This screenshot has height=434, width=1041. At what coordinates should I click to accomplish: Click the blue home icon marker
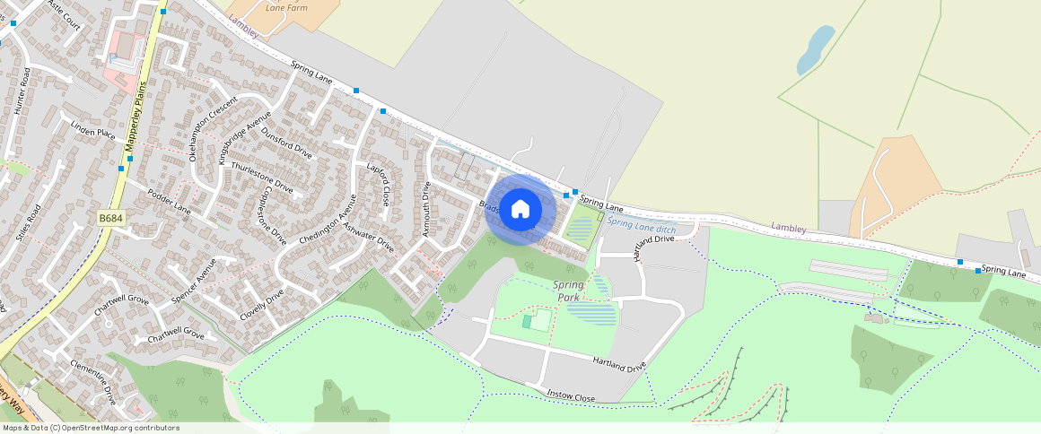(520, 209)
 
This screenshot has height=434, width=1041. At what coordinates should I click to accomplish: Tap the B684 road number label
(110, 218)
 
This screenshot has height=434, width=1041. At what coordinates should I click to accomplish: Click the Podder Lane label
(170, 202)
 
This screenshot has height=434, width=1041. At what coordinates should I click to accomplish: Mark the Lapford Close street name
(379, 184)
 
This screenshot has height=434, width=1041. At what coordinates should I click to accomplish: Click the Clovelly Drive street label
(262, 305)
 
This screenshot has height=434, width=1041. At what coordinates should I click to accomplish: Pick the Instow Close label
(572, 395)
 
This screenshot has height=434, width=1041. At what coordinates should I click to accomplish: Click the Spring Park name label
(568, 291)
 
